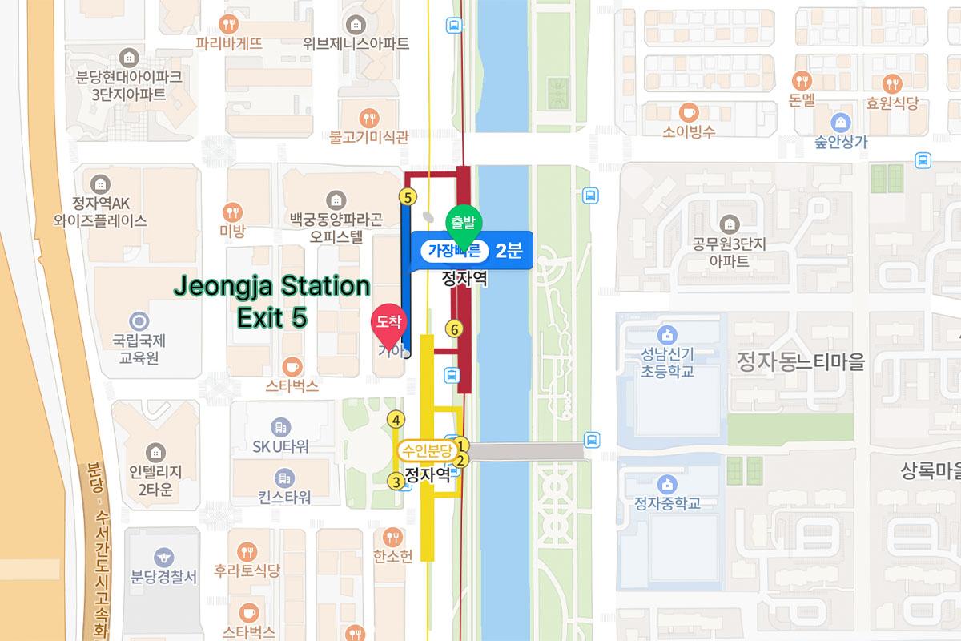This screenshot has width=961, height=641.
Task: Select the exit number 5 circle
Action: click(x=408, y=196)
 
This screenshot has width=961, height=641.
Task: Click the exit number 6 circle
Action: click(x=454, y=329)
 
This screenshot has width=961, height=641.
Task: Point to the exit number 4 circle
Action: click(x=395, y=419)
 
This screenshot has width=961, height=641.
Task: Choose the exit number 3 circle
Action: click(x=395, y=481)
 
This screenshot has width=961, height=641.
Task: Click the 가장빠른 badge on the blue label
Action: click(x=454, y=251)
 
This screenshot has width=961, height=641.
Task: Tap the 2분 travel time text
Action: click(x=509, y=251)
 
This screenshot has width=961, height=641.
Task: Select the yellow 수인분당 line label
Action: click(x=428, y=450)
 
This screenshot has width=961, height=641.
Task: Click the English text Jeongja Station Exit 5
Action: click(x=272, y=301)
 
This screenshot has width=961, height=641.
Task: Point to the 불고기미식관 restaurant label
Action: click(x=368, y=137)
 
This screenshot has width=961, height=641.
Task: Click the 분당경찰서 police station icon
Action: click(x=164, y=556)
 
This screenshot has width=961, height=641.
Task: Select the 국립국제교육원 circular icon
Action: click(x=140, y=321)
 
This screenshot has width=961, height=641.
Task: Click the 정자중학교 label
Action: click(x=666, y=503)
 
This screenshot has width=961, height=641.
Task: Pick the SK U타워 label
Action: click(x=280, y=446)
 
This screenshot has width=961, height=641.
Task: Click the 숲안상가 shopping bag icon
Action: click(x=841, y=122)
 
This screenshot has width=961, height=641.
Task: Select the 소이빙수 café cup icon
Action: click(x=688, y=111)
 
